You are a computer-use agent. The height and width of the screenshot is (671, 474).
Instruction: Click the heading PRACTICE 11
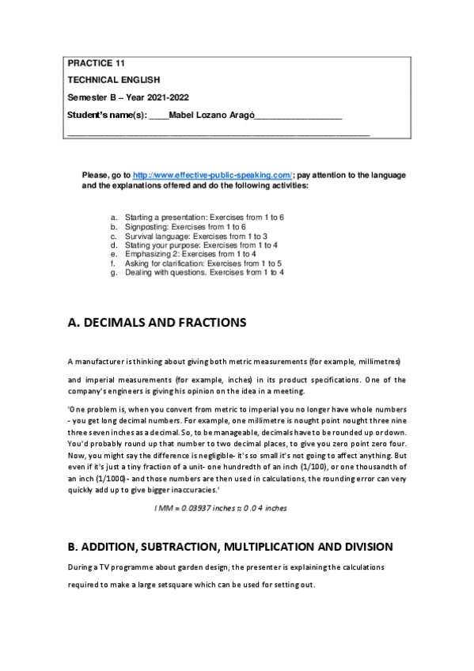pos(96,63)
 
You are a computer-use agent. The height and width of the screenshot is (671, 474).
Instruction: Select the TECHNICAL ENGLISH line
pos(113,80)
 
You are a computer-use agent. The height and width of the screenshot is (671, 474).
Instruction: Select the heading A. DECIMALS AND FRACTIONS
pos(157,323)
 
